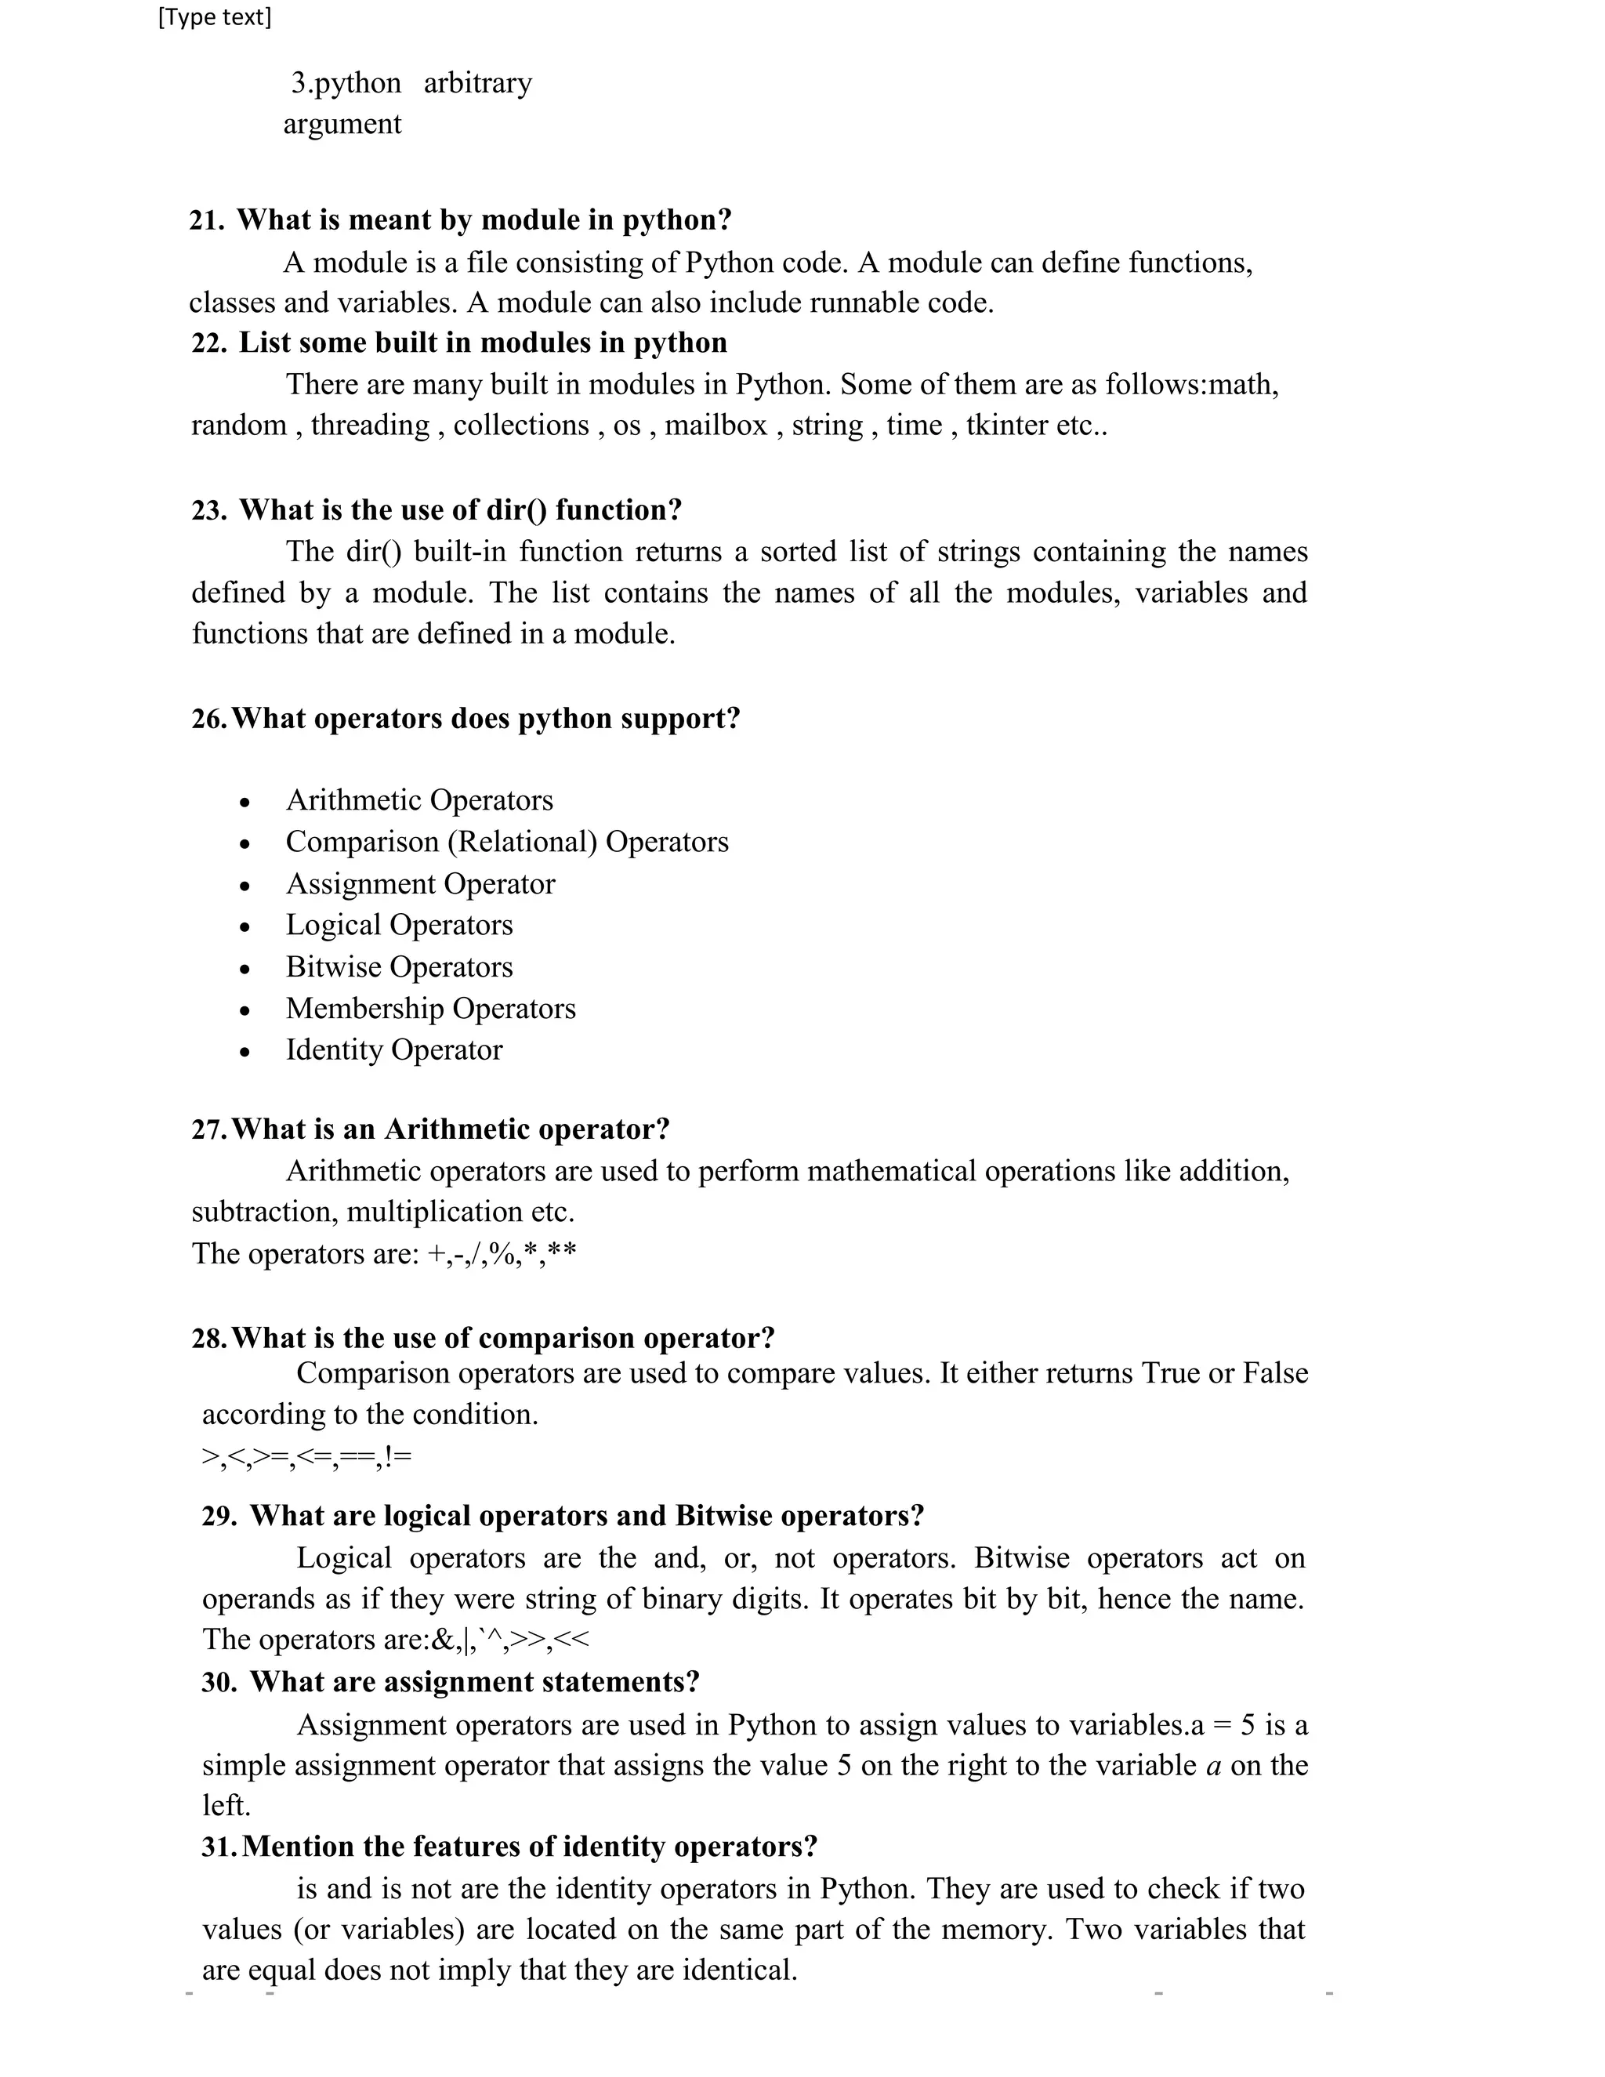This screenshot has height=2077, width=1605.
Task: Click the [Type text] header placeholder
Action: pos(215,17)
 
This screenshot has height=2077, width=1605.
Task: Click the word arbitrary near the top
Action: pos(477,84)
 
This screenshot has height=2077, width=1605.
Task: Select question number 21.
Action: pos(206,221)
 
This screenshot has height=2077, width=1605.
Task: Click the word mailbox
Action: pos(715,425)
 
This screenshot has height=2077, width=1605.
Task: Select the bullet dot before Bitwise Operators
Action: pos(245,969)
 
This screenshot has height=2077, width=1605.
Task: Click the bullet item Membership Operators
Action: pos(431,1008)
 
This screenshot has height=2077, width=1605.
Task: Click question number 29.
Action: pos(219,1516)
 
